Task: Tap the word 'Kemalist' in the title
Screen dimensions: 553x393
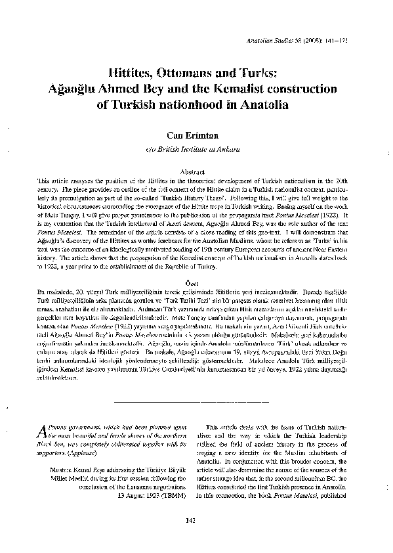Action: pos(263,87)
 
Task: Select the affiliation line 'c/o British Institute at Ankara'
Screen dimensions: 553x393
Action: pos(197,150)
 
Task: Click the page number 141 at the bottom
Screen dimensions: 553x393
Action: pos(197,541)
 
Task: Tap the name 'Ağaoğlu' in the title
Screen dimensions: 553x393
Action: pos(123,87)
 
